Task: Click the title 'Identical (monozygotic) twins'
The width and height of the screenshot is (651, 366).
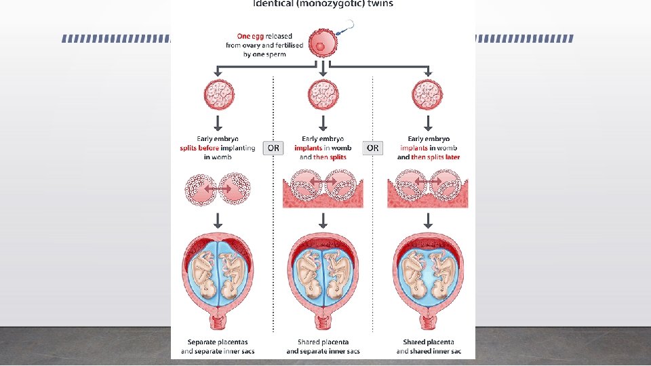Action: tap(323, 4)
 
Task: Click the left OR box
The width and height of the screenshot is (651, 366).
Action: tap(273, 148)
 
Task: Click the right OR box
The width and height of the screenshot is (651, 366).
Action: tap(373, 148)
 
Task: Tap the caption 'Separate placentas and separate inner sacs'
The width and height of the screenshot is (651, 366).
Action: tap(218, 346)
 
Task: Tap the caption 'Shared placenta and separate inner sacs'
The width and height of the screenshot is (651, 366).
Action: tap(323, 346)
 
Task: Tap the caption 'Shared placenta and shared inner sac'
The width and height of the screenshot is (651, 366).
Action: tap(428, 346)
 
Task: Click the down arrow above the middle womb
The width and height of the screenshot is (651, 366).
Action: tap(323, 220)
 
